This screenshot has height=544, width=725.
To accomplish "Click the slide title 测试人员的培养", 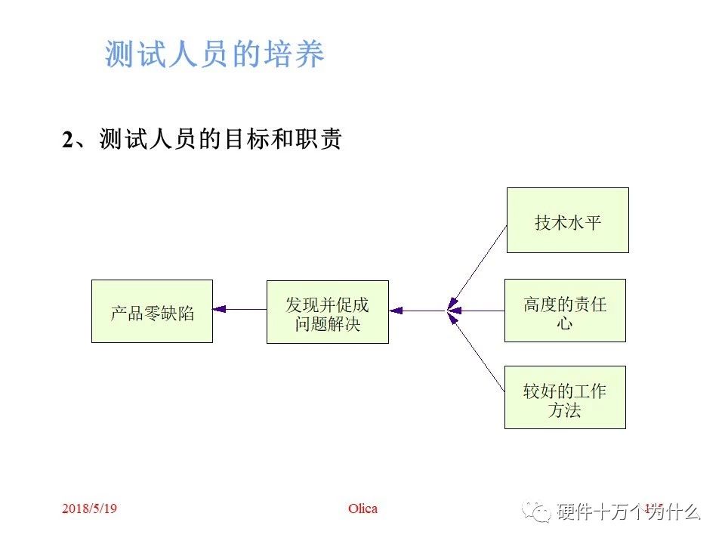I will pos(214,55).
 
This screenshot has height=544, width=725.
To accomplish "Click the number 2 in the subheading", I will pos(68,141).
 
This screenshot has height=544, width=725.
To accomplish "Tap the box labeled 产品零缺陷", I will pos(152,311).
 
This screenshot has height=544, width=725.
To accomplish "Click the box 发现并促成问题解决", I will pos(327,311).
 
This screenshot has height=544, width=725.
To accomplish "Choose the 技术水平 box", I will pos(567,221).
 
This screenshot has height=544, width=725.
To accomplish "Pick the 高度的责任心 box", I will pos(565,310).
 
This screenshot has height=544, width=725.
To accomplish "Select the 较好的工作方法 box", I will pos(565,397).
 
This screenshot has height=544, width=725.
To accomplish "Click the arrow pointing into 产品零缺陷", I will pos(220,308).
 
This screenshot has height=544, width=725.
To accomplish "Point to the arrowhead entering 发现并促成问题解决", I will pos(395,310).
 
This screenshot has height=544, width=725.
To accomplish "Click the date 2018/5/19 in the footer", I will pos(89,508).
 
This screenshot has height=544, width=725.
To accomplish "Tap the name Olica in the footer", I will pos(362,508).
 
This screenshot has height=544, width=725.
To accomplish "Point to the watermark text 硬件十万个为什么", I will pos(629,512).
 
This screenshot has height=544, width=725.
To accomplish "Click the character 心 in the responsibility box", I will pos(565,323).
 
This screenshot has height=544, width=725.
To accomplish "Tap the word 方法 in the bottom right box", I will pos(565,411).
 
